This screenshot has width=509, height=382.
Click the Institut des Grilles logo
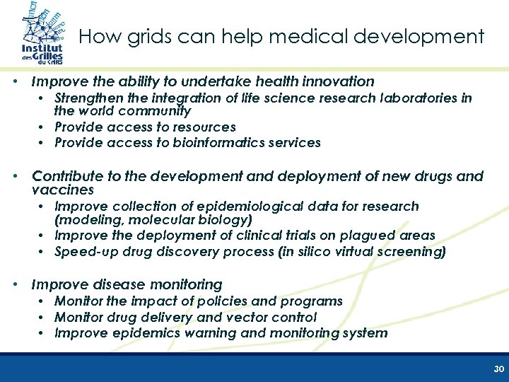[41, 35]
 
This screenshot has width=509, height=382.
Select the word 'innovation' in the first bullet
[339, 82]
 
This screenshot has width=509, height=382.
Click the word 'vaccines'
[63, 190]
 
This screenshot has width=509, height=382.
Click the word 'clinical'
[259, 235]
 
